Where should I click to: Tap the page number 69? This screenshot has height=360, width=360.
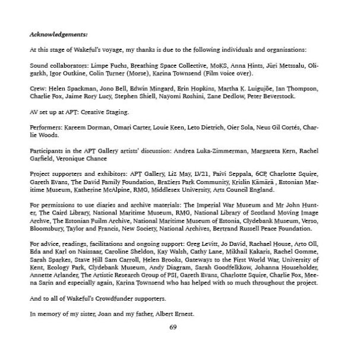click(173, 327)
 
